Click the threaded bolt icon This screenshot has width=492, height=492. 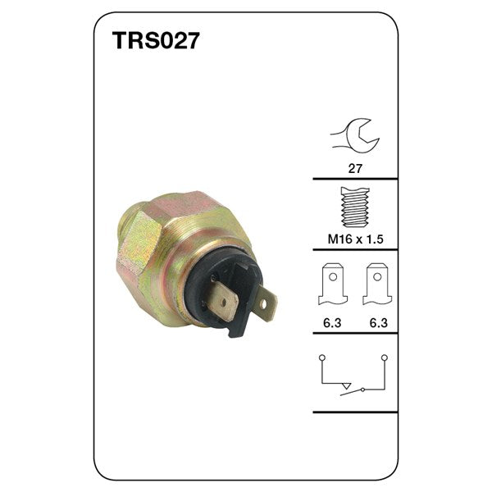[354, 207]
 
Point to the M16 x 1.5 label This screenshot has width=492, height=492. [355, 239]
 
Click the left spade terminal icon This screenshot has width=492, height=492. [333, 283]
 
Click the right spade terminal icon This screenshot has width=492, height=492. [376, 283]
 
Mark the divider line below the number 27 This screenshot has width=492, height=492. [355, 179]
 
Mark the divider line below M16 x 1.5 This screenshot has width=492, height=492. [355, 251]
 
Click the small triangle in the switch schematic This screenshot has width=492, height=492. [348, 385]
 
